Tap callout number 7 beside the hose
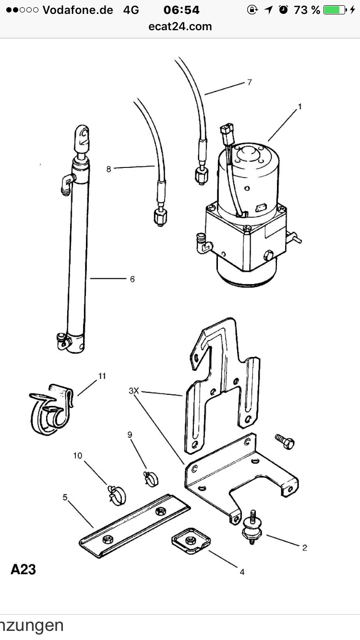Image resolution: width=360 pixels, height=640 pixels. coord(250,82)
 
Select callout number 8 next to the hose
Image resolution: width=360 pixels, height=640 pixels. coord(109,169)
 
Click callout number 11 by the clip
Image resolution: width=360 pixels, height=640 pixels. coord(102,376)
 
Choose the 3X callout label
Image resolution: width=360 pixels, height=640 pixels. coord(133,391)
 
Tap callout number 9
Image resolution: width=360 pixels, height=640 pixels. coord(130,435)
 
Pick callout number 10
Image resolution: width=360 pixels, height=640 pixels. coord(78,455)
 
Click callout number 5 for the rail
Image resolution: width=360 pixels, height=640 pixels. coord(65,497)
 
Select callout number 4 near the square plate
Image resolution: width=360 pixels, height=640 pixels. coord(242,572)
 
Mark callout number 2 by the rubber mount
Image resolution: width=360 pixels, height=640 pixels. coord(304,547)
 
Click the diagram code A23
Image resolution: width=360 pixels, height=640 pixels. coord(23,570)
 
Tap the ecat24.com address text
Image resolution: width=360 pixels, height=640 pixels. coord(180,26)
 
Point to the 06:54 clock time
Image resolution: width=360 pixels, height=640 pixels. coord(181,10)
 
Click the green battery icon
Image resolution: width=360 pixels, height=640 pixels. coord(335,10)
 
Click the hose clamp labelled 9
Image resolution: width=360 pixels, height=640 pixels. coord(150,478)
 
